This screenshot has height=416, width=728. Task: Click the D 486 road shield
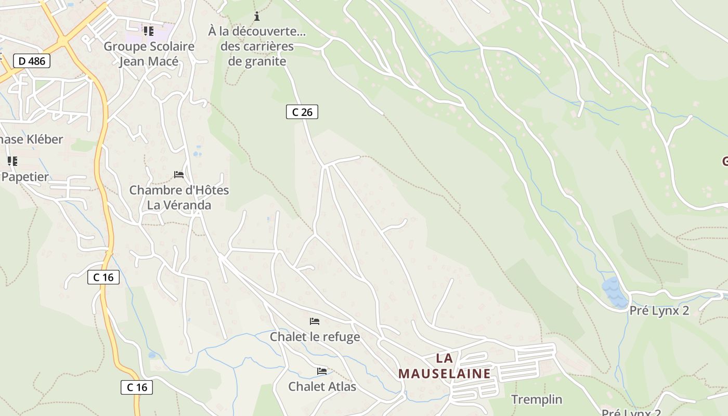click(x=32, y=61)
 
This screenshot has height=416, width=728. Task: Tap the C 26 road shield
click(x=302, y=112)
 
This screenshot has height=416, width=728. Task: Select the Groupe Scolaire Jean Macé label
click(x=149, y=54)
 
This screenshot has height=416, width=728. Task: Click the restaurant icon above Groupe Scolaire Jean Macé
click(x=149, y=31)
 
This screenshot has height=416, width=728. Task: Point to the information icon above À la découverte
click(x=256, y=16)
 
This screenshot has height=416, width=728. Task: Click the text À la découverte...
click(x=257, y=31)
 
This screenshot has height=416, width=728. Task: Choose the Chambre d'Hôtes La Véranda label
click(x=179, y=198)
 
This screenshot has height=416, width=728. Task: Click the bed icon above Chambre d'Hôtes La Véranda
click(x=179, y=175)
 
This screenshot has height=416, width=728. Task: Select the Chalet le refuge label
click(x=315, y=337)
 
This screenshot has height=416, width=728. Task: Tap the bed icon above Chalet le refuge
click(x=315, y=321)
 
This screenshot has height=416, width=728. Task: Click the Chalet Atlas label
click(x=322, y=387)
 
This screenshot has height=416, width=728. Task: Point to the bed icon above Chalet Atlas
click(x=322, y=371)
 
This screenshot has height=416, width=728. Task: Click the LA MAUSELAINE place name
click(x=444, y=366)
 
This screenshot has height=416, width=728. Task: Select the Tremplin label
click(x=537, y=399)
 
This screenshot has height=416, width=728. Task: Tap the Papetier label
click(x=25, y=177)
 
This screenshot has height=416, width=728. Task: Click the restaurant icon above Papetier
click(x=12, y=161)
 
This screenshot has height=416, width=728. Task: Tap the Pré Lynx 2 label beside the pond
click(x=659, y=311)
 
